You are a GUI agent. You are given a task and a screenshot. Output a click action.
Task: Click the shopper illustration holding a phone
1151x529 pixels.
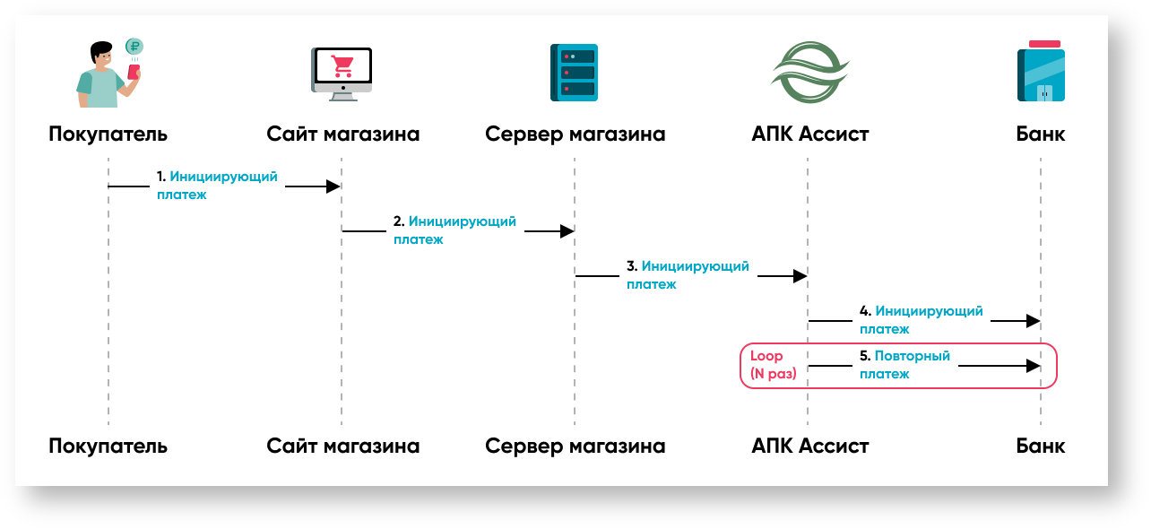tap(106, 77)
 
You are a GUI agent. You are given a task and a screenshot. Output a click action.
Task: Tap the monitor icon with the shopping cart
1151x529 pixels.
tap(342, 72)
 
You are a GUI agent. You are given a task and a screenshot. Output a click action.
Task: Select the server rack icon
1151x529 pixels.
tap(574, 72)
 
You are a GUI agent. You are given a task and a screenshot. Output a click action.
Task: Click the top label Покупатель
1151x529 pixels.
tap(108, 134)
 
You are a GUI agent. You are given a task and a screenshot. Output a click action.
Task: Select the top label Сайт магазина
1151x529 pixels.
tap(342, 134)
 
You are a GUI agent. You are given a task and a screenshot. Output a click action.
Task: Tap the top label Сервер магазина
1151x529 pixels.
tap(575, 134)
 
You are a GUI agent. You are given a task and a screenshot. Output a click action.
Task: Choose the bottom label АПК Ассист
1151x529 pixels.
tap(810, 446)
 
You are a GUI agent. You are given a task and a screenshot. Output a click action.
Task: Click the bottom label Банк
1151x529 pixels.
tap(1041, 446)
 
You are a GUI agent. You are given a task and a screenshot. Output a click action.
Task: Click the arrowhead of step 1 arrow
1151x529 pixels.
tap(333, 186)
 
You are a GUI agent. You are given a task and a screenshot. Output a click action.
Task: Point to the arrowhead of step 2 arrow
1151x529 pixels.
tap(567, 231)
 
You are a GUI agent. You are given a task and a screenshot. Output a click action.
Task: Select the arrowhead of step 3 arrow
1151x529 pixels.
tap(800, 276)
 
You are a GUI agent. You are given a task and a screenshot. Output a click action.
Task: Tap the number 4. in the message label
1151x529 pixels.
tap(865, 312)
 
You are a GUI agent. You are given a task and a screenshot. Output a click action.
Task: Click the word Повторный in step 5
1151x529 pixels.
tap(912, 356)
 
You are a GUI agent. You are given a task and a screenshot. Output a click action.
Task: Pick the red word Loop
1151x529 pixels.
tap(766, 356)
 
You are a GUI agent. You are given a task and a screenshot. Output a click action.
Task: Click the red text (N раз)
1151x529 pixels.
tap(774, 374)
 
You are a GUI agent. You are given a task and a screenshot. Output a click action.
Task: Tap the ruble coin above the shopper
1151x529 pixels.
tap(134, 47)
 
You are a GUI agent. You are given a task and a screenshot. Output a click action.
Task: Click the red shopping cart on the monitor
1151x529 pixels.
tap(342, 65)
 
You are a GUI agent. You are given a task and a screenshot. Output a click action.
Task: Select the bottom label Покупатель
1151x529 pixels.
tap(108, 446)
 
